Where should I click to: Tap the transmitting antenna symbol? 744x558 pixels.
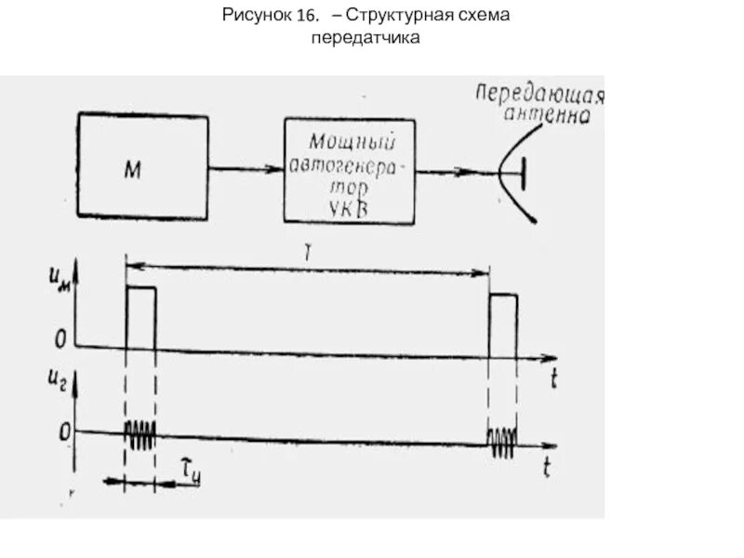[517, 173]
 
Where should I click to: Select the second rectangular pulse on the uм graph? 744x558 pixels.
[503, 325]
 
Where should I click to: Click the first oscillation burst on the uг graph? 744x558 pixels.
[141, 434]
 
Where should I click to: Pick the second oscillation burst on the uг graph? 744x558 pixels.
[503, 441]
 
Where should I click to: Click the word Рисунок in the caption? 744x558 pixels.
[257, 17]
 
